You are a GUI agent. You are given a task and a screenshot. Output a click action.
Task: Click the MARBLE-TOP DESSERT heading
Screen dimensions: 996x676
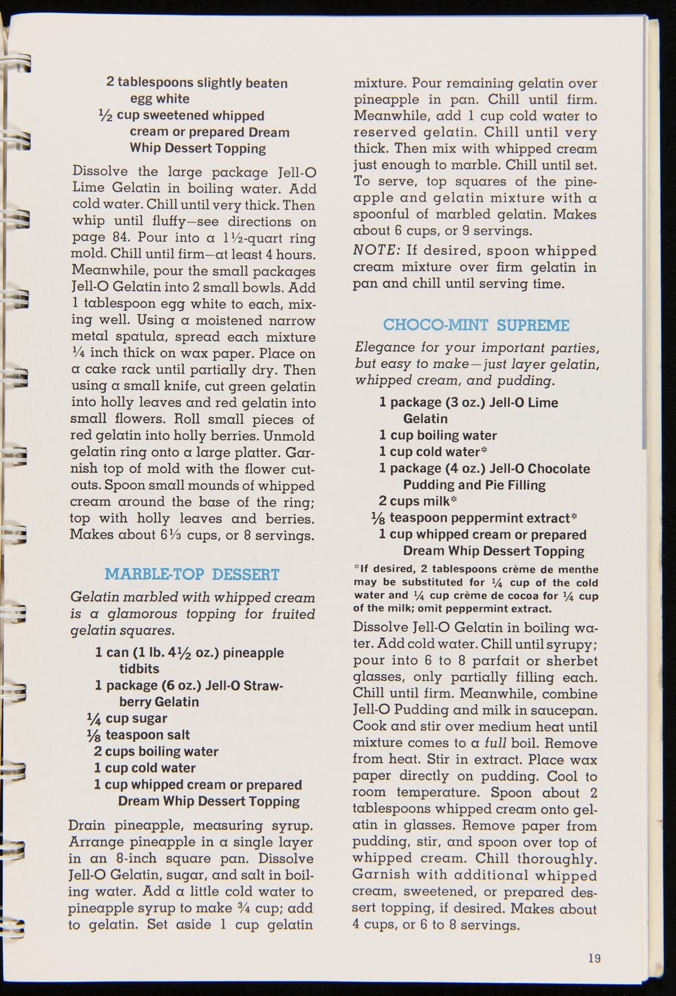coord(192,574)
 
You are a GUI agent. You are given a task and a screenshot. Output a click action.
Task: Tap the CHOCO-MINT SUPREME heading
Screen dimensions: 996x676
coord(476,325)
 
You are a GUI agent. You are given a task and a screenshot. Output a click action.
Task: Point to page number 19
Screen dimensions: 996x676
coord(594,958)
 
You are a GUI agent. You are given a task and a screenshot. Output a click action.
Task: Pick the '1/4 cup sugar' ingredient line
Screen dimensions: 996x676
coord(127,718)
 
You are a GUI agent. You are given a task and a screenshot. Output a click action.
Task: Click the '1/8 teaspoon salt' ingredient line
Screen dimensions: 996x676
coord(139,735)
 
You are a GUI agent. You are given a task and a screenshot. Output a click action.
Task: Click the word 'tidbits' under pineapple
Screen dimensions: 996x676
coord(139,669)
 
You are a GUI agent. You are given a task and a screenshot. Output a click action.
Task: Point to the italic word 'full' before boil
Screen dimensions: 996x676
coord(495,743)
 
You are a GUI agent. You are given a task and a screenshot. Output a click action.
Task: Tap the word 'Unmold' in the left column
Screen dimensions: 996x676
coord(289,436)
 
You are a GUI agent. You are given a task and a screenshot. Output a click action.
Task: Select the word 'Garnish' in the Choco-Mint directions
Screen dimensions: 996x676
coord(376,875)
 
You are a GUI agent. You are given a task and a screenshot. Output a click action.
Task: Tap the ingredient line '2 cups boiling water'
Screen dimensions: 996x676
coord(156,751)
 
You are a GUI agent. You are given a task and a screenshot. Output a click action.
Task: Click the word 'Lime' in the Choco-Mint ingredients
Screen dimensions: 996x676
coord(544,402)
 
